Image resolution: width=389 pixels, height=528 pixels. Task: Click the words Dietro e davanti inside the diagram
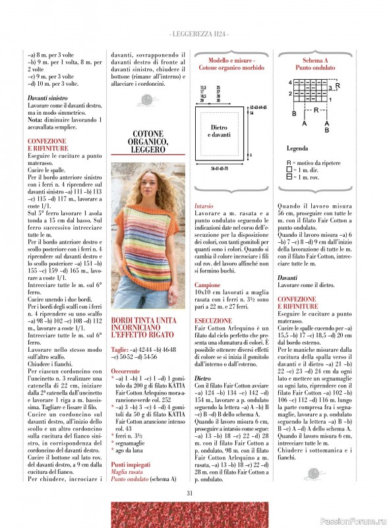[x=219, y=131]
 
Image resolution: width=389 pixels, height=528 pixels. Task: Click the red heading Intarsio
[x=204, y=206]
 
